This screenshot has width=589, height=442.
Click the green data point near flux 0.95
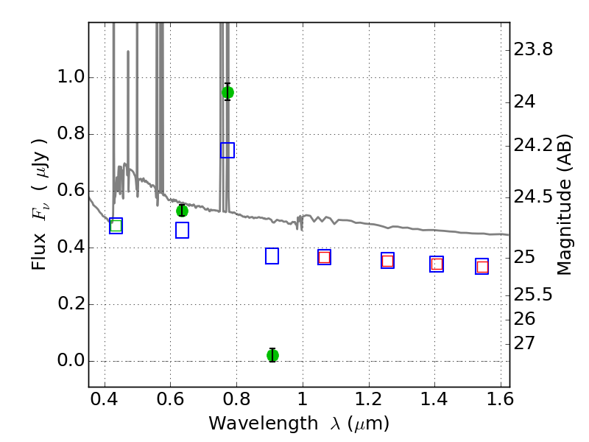coord(228,92)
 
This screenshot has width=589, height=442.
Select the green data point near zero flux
coord(272,355)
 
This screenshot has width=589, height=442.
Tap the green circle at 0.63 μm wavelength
coord(182,211)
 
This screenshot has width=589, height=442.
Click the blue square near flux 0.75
coord(228,150)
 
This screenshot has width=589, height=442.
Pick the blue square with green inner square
coord(116,226)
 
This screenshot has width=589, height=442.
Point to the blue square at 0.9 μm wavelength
coord(272,256)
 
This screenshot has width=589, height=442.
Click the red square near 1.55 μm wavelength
coord(482,267)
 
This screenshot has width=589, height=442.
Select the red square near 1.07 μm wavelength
coord(324,257)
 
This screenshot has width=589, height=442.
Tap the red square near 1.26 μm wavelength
coord(388,261)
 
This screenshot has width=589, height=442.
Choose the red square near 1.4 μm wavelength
coord(437,264)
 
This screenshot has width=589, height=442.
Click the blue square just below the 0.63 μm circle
coord(182,230)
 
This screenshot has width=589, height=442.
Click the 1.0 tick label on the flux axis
coord(71,77)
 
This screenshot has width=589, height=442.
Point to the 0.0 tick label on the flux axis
coord(71,360)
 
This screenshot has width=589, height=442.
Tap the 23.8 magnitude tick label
coord(533,49)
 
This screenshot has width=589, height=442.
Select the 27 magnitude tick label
coord(524,343)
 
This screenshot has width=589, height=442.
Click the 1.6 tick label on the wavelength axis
coord(500,399)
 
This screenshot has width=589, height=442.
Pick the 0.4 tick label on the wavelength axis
coord(104,399)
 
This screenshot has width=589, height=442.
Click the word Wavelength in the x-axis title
coord(264,424)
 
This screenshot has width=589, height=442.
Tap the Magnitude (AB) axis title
coord(563,205)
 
